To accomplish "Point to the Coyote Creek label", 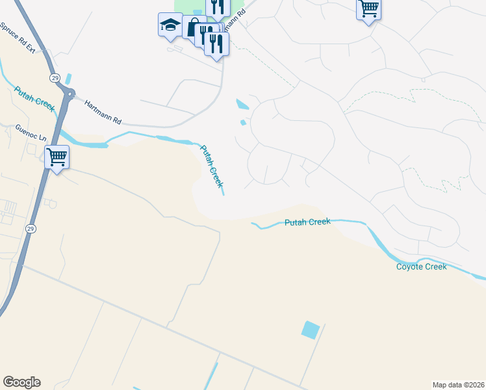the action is [422, 267].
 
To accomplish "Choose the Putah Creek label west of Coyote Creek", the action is [308, 222].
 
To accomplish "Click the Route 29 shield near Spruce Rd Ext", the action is [55, 79].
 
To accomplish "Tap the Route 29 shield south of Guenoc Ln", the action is [31, 229].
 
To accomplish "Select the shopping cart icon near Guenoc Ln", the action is [57, 157].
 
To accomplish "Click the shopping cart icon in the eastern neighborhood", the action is [368, 9].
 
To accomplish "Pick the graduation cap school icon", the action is [170, 26].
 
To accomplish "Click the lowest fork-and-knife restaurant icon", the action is [216, 44].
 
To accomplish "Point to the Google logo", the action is [21, 382].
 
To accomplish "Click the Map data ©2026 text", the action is [457, 385].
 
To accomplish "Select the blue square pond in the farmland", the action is [311, 330].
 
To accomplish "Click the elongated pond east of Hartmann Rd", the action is [242, 104].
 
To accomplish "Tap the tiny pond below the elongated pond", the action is [243, 122].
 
